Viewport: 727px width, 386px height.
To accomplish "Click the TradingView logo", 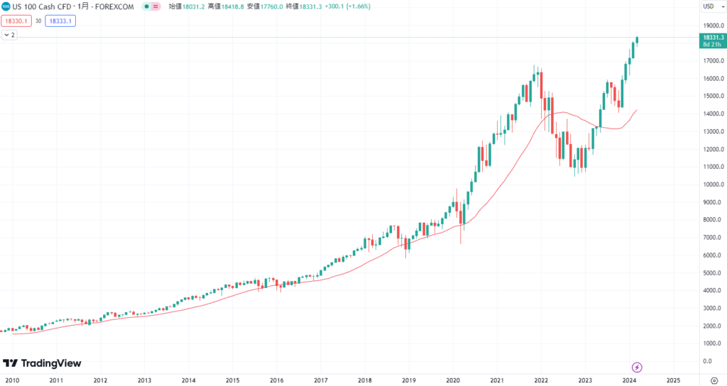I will click(42, 363).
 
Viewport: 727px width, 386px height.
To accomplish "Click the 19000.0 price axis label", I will click(712, 25).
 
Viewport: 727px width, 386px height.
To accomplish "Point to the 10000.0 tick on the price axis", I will click(712, 184).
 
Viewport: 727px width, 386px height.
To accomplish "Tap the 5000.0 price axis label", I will click(712, 273).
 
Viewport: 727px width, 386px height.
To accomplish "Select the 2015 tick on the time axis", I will click(232, 380).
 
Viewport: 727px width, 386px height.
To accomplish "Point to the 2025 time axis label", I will click(673, 380).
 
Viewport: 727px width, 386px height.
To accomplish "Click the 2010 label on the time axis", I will click(12, 380).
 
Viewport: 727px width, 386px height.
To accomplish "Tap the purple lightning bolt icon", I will click(637, 367).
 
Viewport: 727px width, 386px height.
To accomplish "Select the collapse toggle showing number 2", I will click(10, 35).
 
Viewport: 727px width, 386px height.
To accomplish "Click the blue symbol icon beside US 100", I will click(6, 6).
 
